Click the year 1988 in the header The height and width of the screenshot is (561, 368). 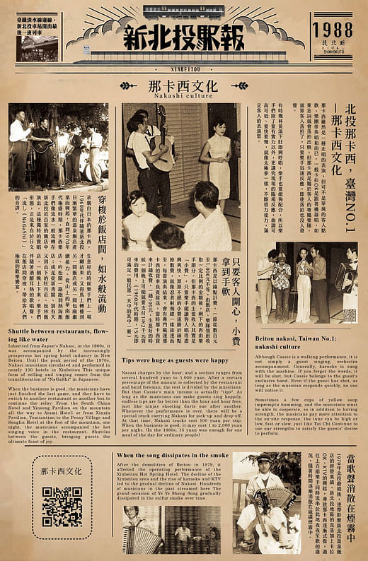click(332, 28)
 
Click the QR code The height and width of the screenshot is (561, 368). click(62, 507)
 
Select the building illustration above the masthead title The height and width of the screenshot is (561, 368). click(183, 12)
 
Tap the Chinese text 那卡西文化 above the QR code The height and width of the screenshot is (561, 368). click(62, 471)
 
